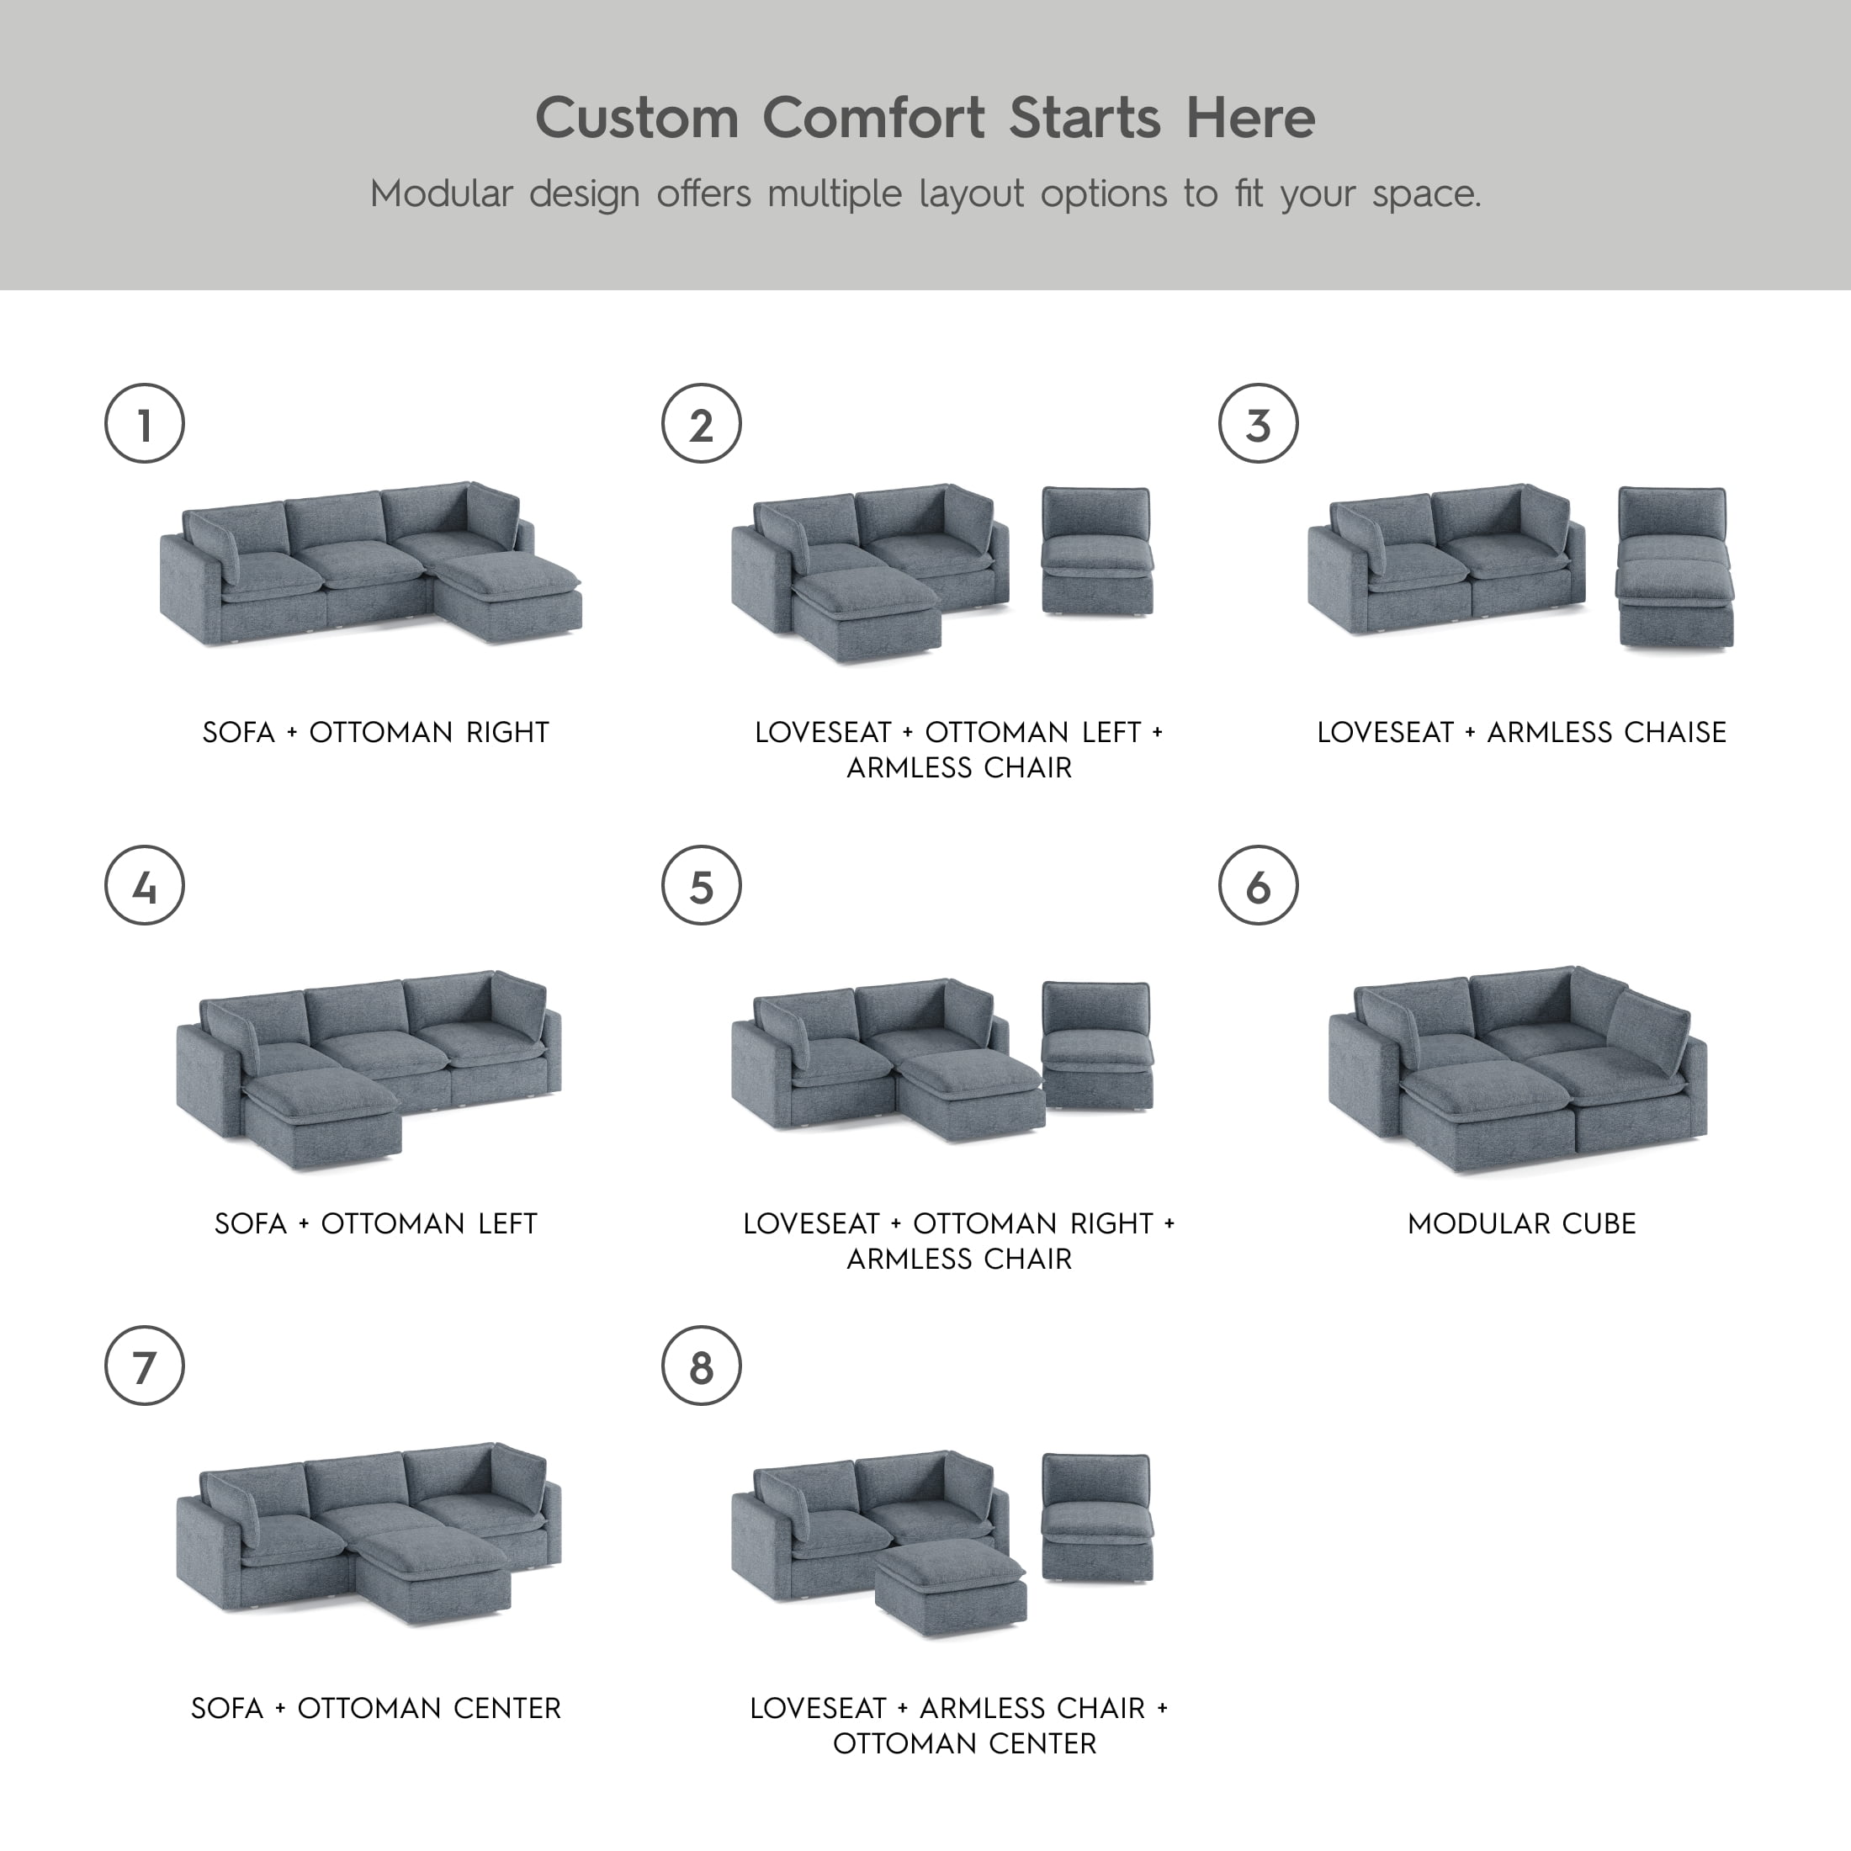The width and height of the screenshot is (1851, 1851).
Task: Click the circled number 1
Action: [x=144, y=423]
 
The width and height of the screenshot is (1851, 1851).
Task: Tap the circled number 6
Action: [x=1258, y=885]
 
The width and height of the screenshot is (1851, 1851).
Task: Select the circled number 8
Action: [x=702, y=1366]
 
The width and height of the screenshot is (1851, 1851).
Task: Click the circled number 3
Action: [x=1258, y=423]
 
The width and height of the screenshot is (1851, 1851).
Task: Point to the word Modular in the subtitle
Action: [x=441, y=194]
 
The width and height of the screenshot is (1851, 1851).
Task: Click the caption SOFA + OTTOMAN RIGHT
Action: [x=375, y=732]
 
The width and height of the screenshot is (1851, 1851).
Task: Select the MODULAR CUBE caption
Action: [x=1521, y=1223]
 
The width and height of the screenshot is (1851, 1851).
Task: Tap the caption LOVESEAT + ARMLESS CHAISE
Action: [x=1521, y=732]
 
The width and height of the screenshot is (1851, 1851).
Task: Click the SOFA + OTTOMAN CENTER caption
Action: [x=375, y=1708]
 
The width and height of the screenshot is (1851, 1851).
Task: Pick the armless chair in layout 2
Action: [x=1097, y=551]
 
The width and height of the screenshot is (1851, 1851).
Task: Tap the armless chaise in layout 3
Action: [x=1674, y=567]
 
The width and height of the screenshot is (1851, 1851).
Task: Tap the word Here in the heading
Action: [x=1250, y=118]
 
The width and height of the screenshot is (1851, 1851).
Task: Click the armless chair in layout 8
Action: [x=1097, y=1519]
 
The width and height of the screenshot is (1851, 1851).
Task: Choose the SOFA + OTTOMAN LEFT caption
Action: [x=375, y=1223]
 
